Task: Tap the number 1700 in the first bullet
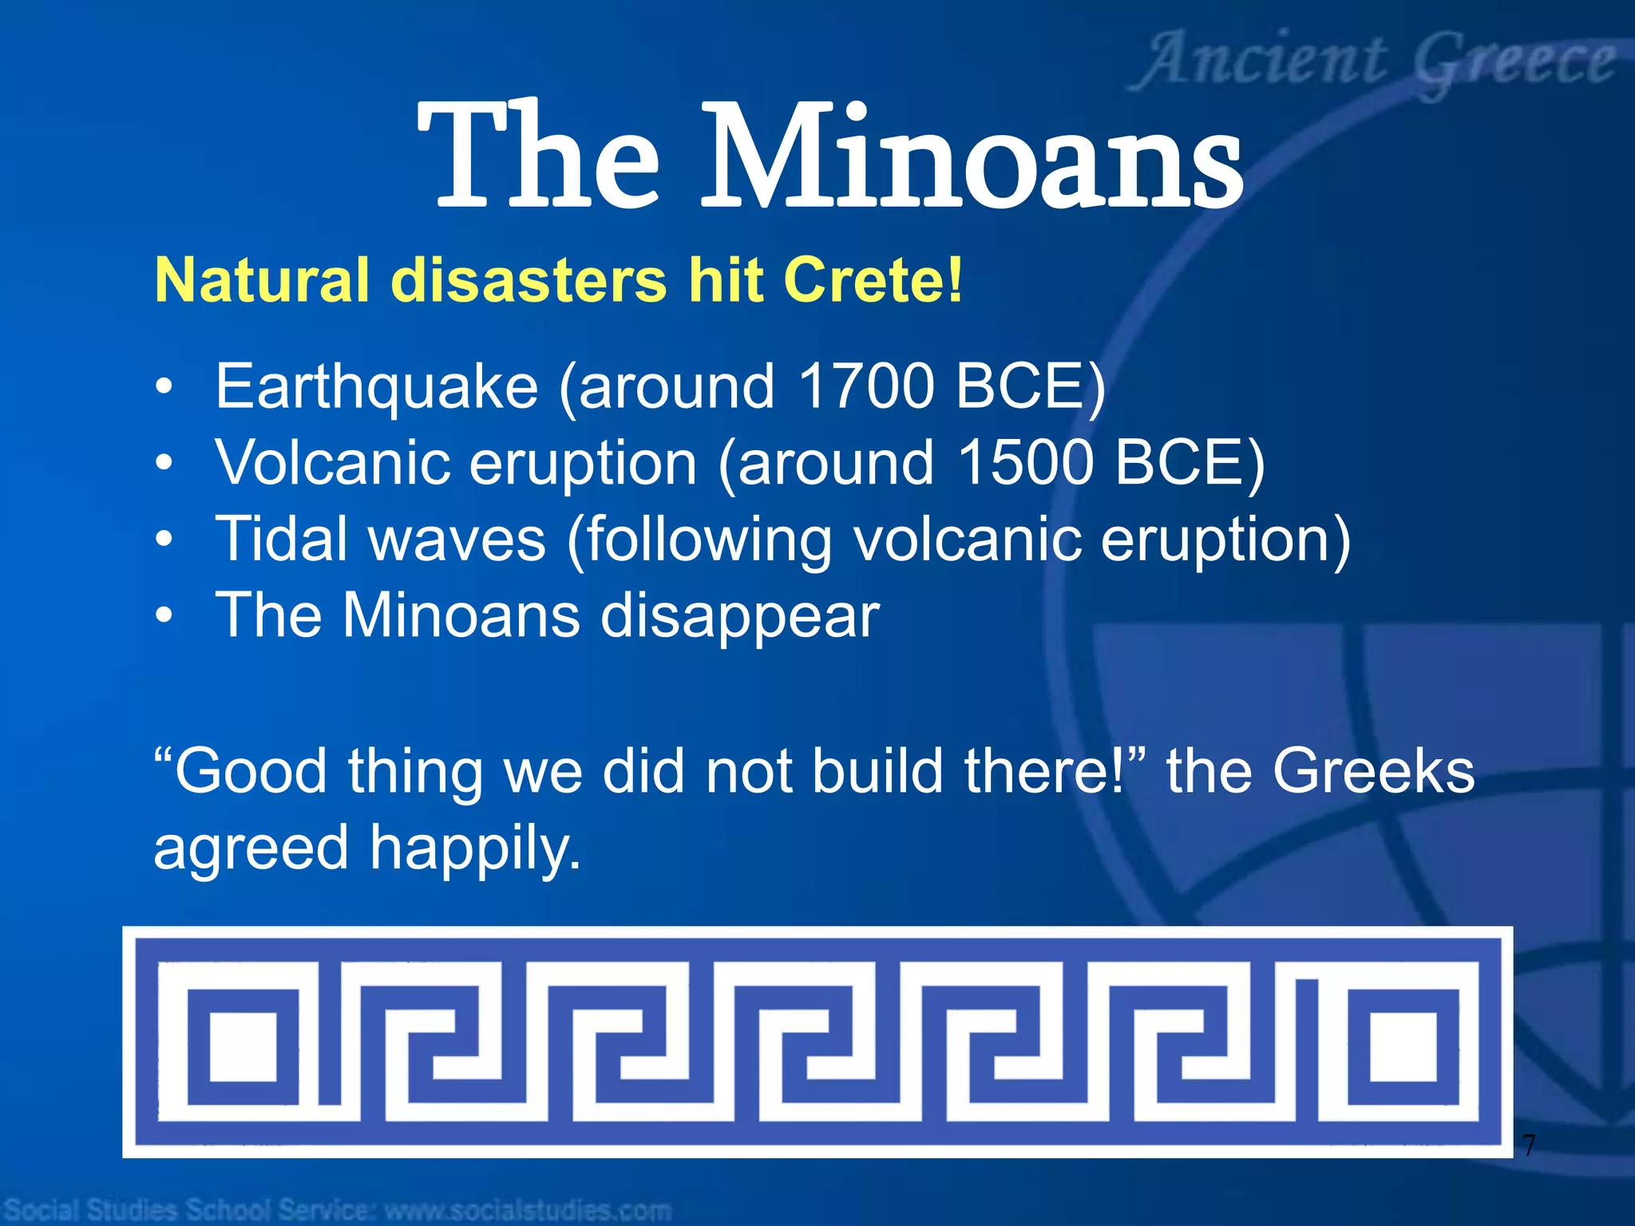[x=865, y=386]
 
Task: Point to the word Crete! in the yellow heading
[x=873, y=280]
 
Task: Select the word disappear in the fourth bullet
[x=739, y=617]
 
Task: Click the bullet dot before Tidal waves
[x=164, y=540]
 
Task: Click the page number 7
[x=1528, y=1146]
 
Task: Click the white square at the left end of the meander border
[x=243, y=1046]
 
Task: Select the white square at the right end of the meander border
[x=1403, y=1046]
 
